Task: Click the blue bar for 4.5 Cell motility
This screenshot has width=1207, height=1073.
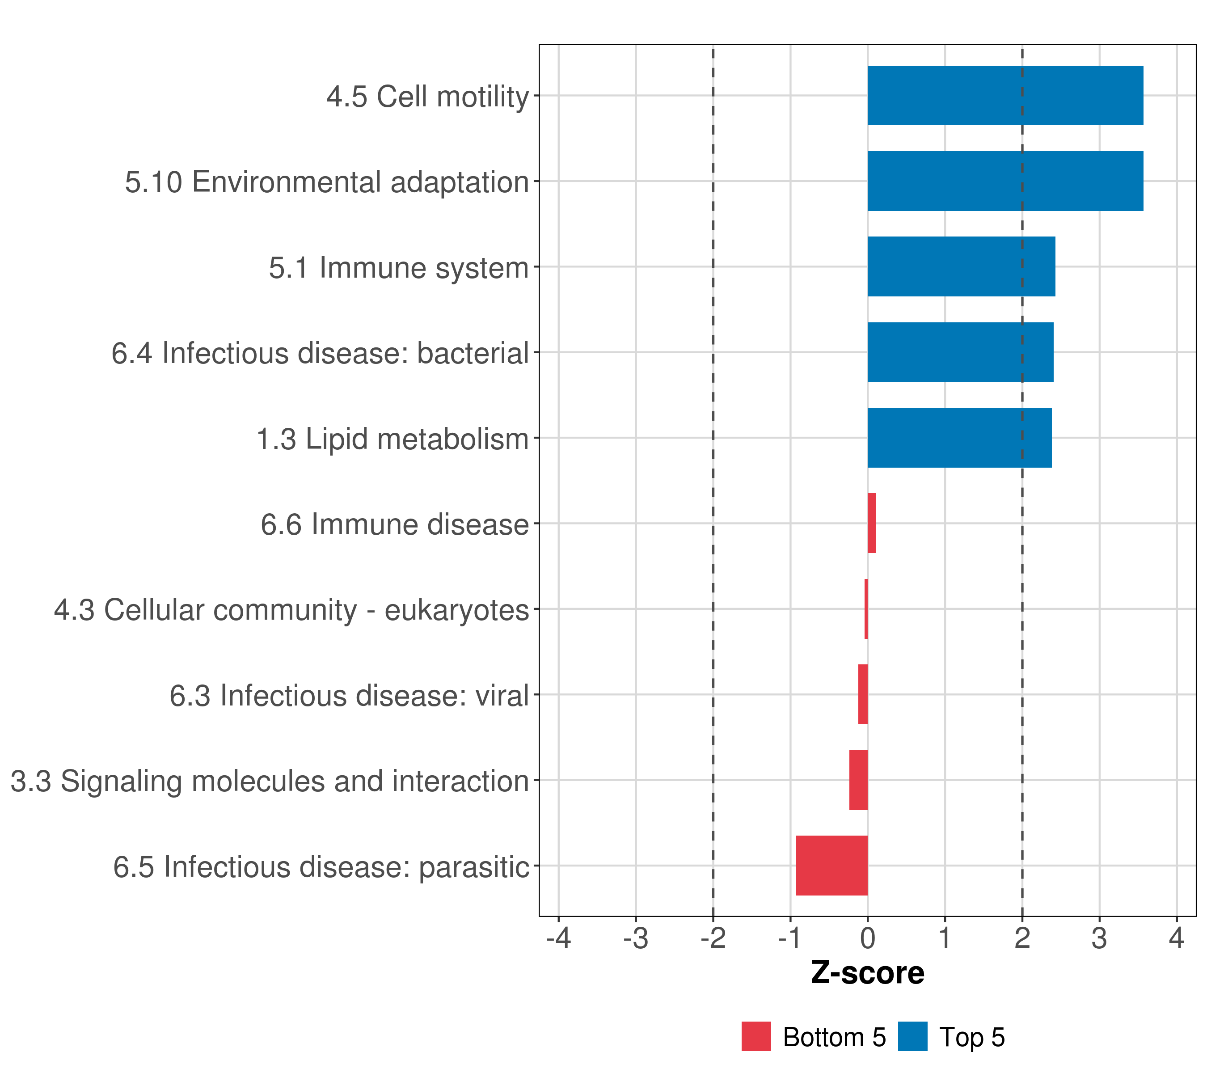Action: [x=1005, y=95]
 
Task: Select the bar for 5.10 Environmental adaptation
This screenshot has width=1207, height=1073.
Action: [x=1005, y=181]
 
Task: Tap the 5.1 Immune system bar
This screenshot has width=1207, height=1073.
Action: [x=961, y=266]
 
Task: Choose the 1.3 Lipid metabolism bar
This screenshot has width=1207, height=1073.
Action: [x=960, y=438]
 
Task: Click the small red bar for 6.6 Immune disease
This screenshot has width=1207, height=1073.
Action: [x=872, y=523]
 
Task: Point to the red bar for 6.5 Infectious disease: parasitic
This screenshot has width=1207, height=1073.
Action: [x=832, y=866]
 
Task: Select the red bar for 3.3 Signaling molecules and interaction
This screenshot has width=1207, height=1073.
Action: [x=859, y=780]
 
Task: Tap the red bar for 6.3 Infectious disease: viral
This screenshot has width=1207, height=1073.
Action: [x=863, y=694]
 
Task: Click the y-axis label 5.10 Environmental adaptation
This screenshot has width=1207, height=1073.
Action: [x=326, y=182]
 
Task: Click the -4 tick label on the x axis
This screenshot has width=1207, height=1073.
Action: [x=559, y=938]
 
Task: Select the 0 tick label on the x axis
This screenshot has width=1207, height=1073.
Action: [x=867, y=938]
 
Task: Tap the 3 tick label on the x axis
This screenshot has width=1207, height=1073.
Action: [x=1100, y=938]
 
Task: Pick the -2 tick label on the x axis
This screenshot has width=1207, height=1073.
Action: [x=713, y=938]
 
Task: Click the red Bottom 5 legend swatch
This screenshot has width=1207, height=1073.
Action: [x=756, y=1036]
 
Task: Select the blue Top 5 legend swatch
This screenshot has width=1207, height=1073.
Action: [x=913, y=1036]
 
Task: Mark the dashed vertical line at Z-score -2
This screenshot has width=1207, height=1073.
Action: [x=713, y=481]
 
